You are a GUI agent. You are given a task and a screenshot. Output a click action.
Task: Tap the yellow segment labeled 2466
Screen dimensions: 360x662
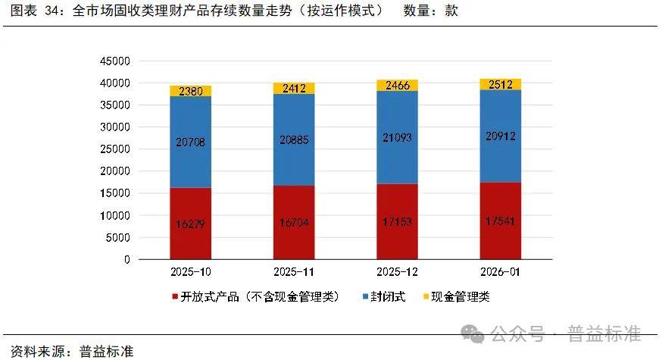pos(397,85)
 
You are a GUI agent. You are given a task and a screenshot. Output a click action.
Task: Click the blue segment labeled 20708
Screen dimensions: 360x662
pos(190,142)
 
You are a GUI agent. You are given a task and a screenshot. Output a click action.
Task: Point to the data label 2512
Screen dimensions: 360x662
pos(500,84)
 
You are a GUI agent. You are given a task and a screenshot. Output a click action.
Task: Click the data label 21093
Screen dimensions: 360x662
pos(397,136)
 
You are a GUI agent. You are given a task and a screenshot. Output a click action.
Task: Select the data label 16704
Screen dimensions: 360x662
pos(293,223)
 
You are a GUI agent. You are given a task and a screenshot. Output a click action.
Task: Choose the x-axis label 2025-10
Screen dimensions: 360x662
pos(190,271)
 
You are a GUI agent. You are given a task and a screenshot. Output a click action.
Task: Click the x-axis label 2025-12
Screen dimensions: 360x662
pos(397,271)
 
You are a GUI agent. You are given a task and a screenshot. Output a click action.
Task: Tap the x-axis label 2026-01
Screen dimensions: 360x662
pos(500,271)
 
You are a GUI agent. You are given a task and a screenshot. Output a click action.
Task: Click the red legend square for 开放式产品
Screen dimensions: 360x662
pos(175,297)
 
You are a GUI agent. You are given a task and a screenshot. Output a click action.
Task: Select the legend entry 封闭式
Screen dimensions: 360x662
pos(389,297)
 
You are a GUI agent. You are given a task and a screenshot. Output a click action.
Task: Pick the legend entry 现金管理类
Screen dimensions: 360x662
pos(460,297)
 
